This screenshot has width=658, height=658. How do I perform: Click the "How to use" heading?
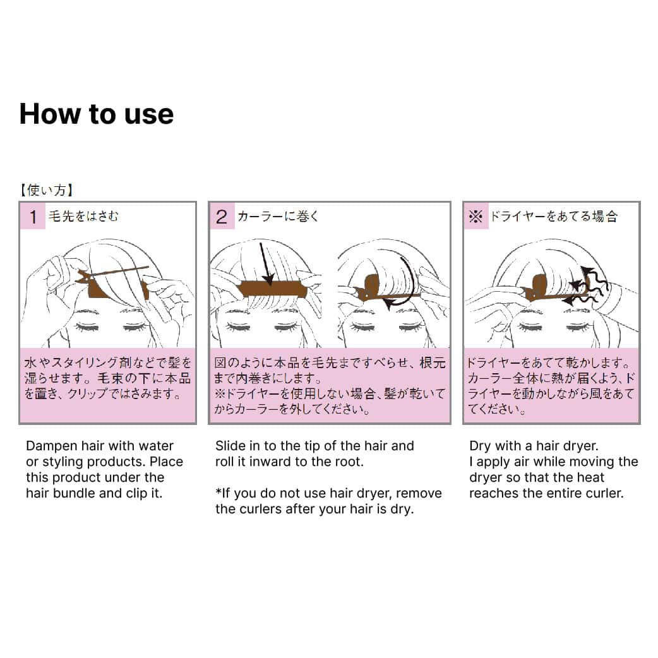(97, 114)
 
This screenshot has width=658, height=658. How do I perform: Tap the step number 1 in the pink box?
(33, 217)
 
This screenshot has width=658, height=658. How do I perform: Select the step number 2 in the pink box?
(222, 217)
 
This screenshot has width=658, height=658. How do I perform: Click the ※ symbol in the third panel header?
(476, 217)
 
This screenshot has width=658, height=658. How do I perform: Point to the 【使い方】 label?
(47, 190)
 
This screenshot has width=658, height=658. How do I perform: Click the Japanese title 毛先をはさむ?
(83, 216)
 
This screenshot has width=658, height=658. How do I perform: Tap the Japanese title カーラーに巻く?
(278, 216)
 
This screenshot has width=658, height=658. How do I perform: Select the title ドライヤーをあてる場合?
(554, 216)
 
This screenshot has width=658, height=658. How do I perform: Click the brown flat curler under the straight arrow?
(272, 290)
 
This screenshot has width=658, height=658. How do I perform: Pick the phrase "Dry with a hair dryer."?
(534, 446)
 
